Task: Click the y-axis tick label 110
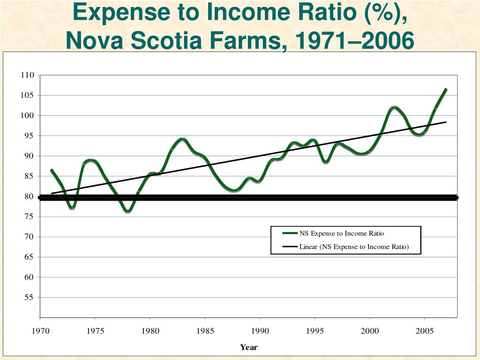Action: click(x=28, y=75)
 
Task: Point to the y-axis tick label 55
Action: click(x=30, y=297)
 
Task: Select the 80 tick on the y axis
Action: click(x=30, y=196)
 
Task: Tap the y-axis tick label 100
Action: click(x=28, y=115)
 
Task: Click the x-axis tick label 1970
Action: click(x=40, y=331)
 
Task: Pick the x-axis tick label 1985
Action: click(x=205, y=331)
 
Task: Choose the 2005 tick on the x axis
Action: click(x=425, y=331)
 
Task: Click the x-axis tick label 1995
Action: click(x=315, y=331)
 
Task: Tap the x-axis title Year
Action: click(x=249, y=347)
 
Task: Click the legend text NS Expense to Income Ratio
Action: click(x=342, y=233)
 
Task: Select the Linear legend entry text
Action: click(x=354, y=247)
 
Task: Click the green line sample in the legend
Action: click(x=290, y=233)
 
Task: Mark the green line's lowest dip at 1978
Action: click(x=128, y=211)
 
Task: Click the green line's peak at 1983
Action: click(x=182, y=139)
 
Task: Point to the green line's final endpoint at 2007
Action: click(x=446, y=89)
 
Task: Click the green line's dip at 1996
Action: click(x=326, y=162)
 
